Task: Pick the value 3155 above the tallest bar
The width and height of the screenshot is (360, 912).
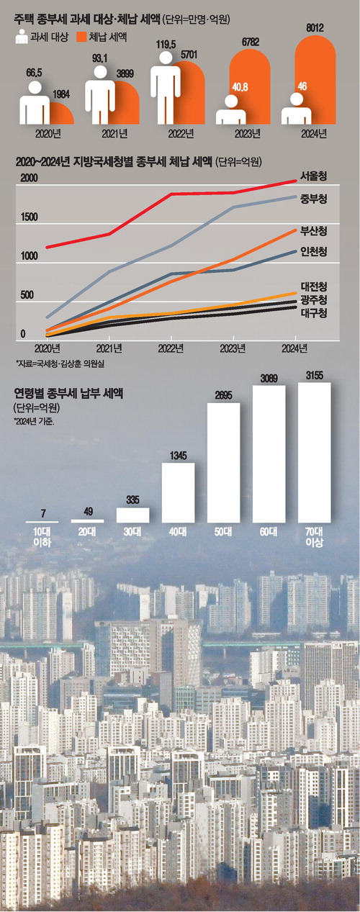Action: point(315,374)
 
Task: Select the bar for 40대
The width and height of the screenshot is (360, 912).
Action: point(179,492)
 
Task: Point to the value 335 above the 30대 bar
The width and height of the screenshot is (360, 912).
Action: point(132,500)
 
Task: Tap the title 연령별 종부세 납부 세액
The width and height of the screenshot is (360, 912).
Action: point(68,394)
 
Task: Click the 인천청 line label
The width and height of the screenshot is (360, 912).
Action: point(315,252)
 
